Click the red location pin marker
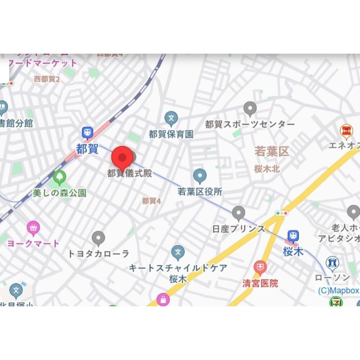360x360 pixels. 123,158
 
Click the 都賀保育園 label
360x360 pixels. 171,134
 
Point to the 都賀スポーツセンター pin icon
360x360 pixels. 250,108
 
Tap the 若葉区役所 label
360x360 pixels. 200,192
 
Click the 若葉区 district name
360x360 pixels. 272,151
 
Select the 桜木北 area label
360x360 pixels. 267,169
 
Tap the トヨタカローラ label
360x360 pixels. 98,254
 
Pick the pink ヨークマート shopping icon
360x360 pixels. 33,227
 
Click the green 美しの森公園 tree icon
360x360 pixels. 59,177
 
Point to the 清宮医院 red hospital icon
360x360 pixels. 260,267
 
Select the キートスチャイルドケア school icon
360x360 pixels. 178,252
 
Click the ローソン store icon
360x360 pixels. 332,263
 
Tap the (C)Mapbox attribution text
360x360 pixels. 338,290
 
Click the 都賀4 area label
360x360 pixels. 151,201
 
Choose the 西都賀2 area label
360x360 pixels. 46,79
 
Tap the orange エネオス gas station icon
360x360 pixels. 346,130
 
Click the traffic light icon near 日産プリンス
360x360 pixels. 282,213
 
